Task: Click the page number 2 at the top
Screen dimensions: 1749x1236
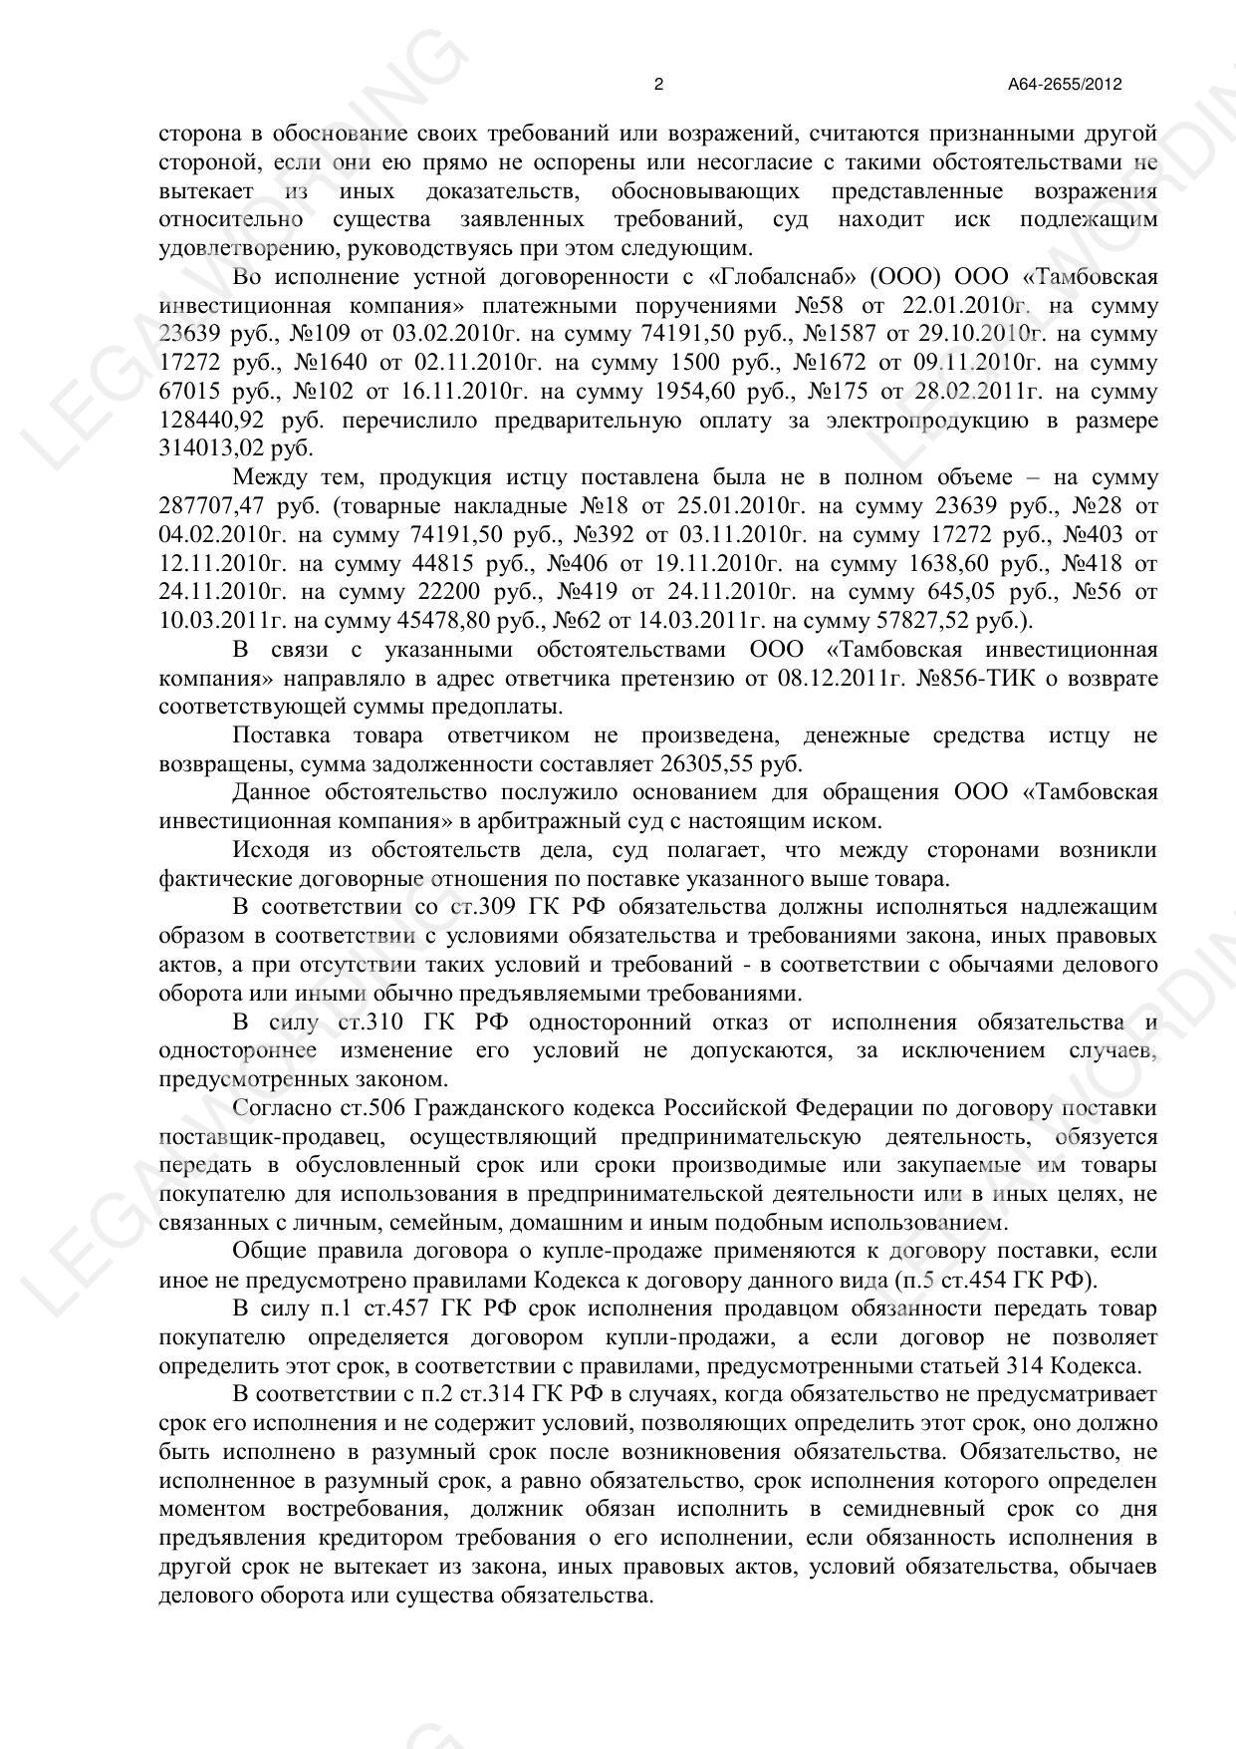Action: pos(658,85)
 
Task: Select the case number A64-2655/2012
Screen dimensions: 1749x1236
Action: pos(1065,85)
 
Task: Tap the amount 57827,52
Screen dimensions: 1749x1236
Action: pos(907,621)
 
